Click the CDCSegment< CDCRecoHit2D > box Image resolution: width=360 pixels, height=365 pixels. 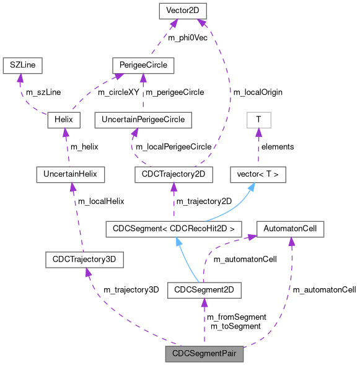pos(173,229)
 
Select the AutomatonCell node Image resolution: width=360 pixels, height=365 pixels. pos(290,229)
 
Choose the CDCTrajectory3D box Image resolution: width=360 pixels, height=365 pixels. pos(84,260)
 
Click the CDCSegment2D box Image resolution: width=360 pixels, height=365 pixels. pos(204,289)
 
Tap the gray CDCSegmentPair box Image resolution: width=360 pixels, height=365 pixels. pos(204,354)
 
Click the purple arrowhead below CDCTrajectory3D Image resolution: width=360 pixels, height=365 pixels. pos(87,273)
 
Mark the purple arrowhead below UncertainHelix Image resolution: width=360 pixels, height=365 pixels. pos(72,187)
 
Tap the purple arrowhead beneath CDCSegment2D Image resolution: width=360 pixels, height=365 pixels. pos(204,302)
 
